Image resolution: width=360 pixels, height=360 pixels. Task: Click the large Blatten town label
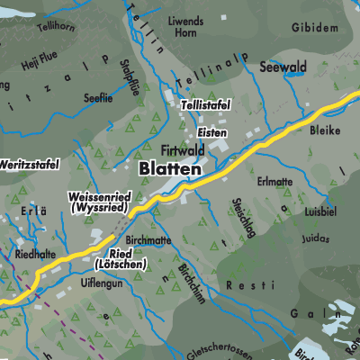click(170, 168)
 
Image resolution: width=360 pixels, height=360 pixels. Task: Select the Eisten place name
click(213, 132)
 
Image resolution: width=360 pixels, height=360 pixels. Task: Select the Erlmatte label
click(275, 181)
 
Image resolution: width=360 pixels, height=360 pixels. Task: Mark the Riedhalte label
click(37, 255)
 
